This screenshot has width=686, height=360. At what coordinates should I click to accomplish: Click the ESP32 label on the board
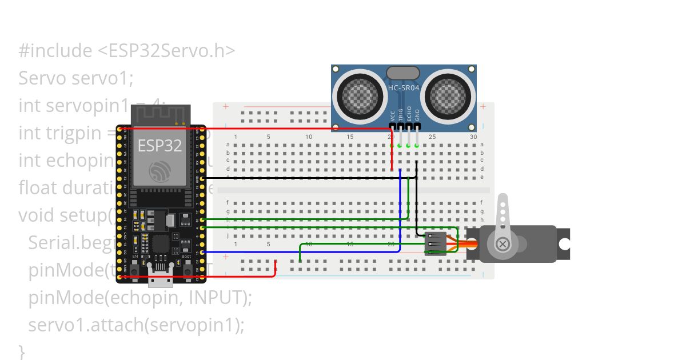[x=159, y=146]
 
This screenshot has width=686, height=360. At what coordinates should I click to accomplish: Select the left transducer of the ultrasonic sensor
[x=360, y=93]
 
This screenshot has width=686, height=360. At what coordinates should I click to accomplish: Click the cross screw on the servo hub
[x=503, y=244]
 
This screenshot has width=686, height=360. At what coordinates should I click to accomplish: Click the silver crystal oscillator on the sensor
[x=404, y=73]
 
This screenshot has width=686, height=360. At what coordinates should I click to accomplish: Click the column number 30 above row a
[x=473, y=137]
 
